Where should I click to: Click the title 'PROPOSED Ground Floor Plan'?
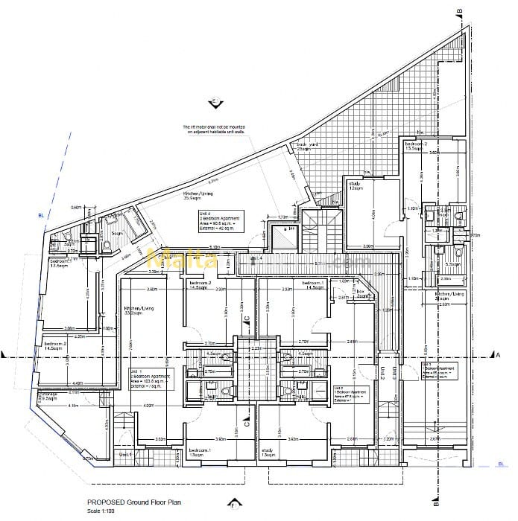[x=133, y=502]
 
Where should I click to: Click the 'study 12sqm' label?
[x=354, y=186]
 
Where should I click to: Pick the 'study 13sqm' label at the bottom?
[x=268, y=453]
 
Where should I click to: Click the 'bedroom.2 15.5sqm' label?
[x=416, y=146]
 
